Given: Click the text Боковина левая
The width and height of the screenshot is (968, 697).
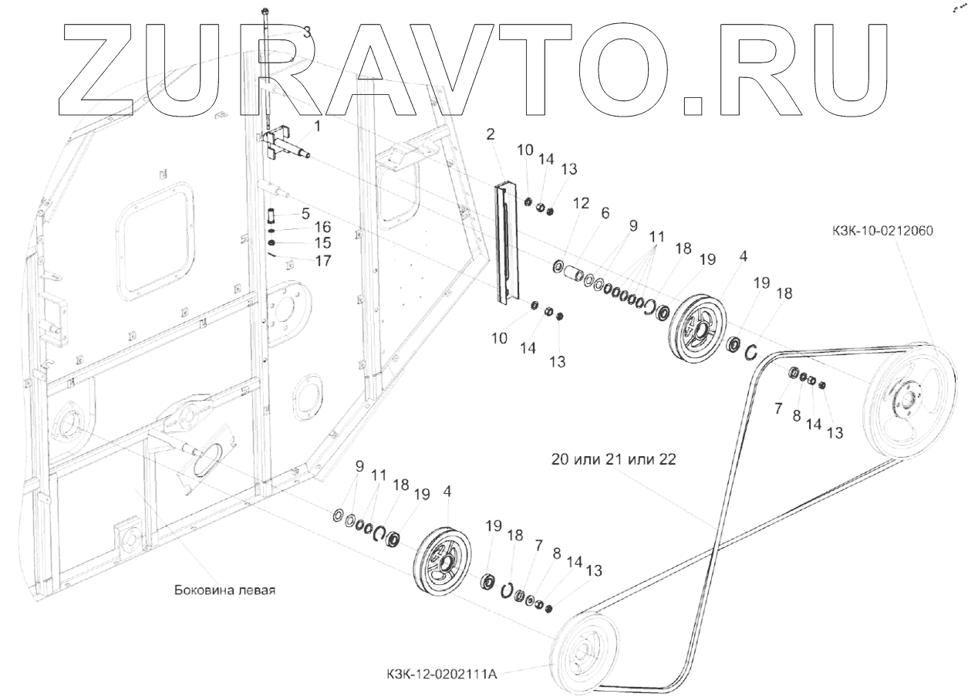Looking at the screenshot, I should click(224, 590).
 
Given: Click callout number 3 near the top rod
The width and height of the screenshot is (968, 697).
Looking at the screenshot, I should click(306, 32).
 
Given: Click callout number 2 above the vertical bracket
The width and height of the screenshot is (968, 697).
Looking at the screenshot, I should click(490, 134).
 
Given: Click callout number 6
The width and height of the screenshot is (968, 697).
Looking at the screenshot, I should click(605, 212).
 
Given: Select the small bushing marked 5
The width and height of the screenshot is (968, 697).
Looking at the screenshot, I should click(272, 212).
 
